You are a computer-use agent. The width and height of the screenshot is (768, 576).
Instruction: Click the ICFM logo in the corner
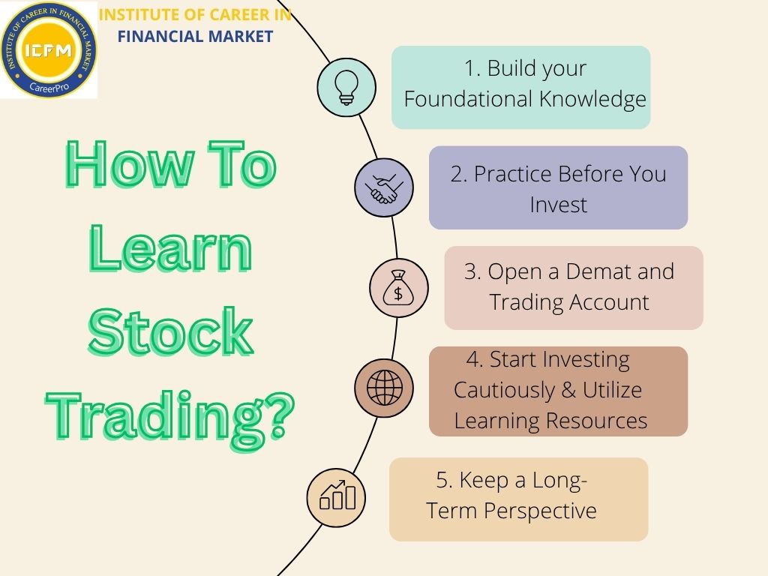pyautogui.click(x=49, y=49)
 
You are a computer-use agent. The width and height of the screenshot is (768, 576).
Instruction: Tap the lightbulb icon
pyautogui.click(x=346, y=86)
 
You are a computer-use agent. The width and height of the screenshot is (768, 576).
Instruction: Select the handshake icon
pyautogui.click(x=383, y=187)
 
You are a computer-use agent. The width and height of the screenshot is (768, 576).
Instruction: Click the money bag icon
pyautogui.click(x=398, y=288)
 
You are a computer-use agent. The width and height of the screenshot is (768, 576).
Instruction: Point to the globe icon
pyautogui.click(x=384, y=388)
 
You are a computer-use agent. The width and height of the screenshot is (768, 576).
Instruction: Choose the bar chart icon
pyautogui.click(x=337, y=496)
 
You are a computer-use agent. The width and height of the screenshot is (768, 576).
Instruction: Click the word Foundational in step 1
pyautogui.click(x=459, y=99)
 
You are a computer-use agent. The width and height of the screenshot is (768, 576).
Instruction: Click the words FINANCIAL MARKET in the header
pyautogui.click(x=195, y=35)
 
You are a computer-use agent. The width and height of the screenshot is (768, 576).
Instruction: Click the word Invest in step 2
pyautogui.click(x=558, y=205)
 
